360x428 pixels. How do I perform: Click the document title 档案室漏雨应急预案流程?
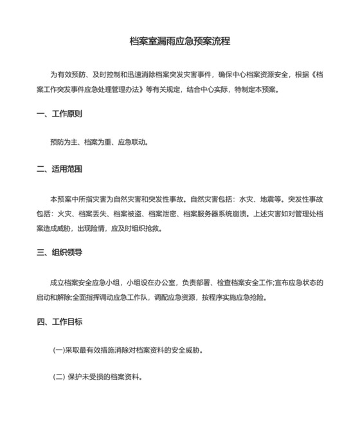(180, 41)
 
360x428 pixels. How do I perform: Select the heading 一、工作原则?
(59, 114)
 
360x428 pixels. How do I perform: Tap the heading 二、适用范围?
(59, 169)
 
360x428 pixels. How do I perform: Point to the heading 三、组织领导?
(59, 253)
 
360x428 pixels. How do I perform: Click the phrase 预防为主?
(63, 142)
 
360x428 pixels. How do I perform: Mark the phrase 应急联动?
(132, 142)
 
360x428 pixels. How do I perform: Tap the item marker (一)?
(59, 351)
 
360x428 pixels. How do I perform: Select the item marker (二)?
(59, 378)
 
